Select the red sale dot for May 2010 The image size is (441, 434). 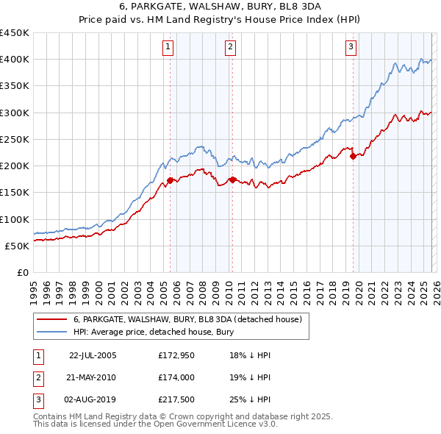232,179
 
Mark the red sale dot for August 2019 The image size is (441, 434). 353,156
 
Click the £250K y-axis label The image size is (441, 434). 15,139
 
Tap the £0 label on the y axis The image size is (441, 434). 22,272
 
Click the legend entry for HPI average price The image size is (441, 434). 153,332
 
